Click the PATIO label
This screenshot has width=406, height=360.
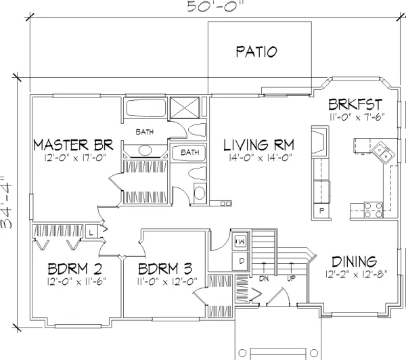(x=256, y=51)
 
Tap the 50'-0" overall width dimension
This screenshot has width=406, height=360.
(x=215, y=6)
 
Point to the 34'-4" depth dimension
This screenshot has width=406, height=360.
(x=6, y=203)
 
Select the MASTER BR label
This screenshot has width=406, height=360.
(x=74, y=145)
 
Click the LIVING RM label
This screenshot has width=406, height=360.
(x=259, y=145)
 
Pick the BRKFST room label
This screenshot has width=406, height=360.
(x=355, y=104)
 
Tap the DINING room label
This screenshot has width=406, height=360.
(x=354, y=262)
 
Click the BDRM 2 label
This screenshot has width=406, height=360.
(x=75, y=269)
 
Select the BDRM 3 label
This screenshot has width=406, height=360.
(x=165, y=269)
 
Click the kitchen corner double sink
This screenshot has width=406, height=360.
(x=384, y=152)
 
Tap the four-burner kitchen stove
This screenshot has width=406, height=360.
(x=373, y=210)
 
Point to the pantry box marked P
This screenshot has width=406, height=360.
(x=321, y=211)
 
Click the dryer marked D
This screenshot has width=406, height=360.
(x=241, y=261)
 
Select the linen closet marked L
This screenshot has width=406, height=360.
(x=91, y=232)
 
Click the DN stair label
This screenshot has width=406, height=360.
(x=264, y=279)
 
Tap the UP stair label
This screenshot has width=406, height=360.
(x=291, y=279)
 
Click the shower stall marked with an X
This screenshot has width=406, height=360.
(x=185, y=108)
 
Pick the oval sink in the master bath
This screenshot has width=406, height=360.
(x=145, y=150)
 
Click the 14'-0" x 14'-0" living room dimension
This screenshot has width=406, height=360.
(x=261, y=158)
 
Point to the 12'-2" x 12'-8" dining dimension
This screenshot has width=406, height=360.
(x=357, y=274)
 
